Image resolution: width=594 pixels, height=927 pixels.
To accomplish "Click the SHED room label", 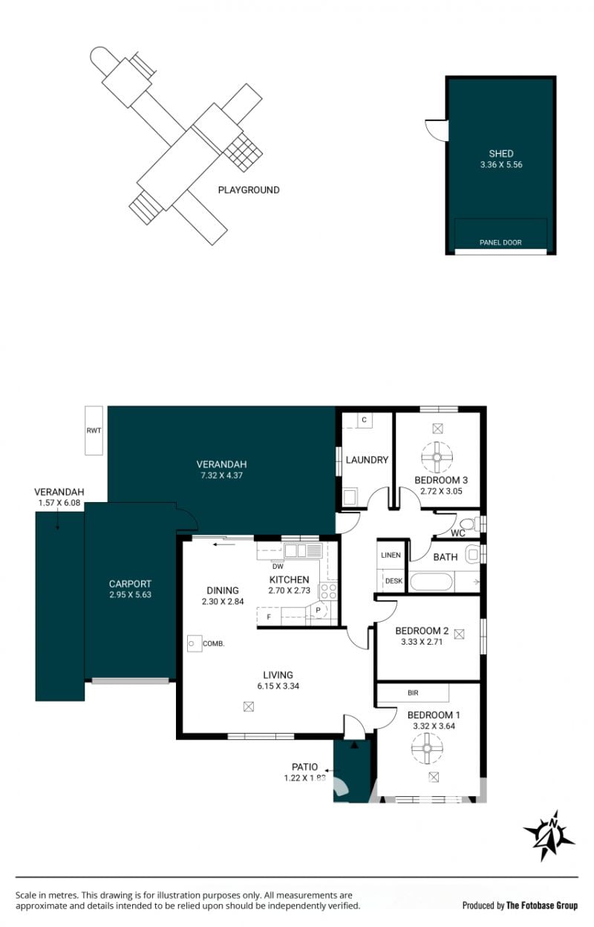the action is click(x=501, y=154).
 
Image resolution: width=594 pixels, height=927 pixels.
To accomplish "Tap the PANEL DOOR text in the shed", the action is click(x=500, y=242).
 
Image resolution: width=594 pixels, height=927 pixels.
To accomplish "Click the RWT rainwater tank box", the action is click(x=94, y=430).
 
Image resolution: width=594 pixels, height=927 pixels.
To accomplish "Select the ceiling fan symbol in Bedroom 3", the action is click(x=437, y=458).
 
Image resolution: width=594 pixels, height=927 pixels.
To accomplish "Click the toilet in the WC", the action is click(x=469, y=524).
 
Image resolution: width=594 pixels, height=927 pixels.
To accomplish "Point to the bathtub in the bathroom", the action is click(x=431, y=582).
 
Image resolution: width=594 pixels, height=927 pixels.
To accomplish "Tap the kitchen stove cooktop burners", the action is click(x=328, y=591).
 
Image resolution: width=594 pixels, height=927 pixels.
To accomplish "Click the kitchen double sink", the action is click(x=303, y=551).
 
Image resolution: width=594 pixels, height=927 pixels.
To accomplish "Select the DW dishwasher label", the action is click(x=278, y=566).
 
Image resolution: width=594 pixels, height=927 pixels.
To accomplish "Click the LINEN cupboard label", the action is click(x=391, y=555).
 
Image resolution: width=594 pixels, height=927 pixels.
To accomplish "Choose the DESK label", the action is click(x=394, y=581).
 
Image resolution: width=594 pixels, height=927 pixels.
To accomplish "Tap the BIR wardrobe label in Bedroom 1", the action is click(x=413, y=693).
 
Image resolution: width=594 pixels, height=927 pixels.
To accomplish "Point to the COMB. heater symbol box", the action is click(x=195, y=643).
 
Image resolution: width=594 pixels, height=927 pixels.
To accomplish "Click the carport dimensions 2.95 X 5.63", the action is click(x=130, y=595).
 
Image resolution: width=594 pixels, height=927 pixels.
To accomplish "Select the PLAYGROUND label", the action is click(x=249, y=190).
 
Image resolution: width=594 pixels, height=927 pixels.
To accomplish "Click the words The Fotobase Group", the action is click(x=541, y=905).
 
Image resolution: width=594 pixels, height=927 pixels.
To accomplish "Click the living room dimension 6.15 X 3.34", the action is click(x=278, y=686).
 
